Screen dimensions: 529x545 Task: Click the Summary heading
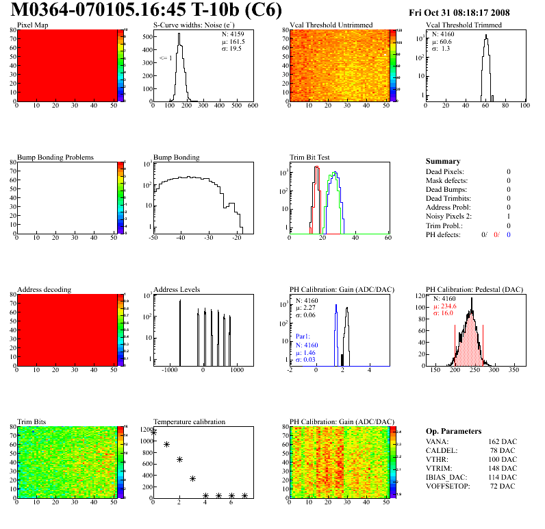point(442,161)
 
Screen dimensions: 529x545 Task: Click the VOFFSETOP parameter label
point(448,486)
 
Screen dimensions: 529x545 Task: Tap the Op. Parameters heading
point(453,431)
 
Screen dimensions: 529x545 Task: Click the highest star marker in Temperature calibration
point(153,432)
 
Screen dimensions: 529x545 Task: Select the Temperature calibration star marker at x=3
point(192,478)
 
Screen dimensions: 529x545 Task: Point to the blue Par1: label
point(303,337)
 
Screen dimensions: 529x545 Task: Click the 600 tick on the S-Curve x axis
point(253,106)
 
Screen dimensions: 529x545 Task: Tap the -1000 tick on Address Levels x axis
point(168,370)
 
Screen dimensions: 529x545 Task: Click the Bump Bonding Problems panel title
point(55,158)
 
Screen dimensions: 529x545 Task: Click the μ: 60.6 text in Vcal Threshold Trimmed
point(441,41)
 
